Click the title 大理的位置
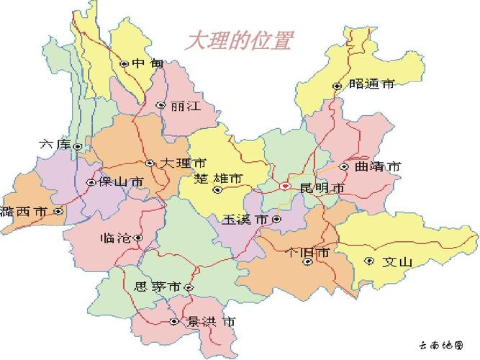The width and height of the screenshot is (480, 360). click(x=239, y=40)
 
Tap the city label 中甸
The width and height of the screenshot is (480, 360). click(x=148, y=63)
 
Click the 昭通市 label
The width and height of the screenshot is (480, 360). click(x=371, y=84)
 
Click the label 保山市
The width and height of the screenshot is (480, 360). click(x=121, y=182)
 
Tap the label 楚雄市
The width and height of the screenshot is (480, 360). click(x=218, y=178)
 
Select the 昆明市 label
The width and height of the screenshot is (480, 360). click(x=322, y=188)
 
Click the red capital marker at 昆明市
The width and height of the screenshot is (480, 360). click(x=286, y=186)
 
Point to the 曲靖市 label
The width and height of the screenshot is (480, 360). click(x=378, y=166)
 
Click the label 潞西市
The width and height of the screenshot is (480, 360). click(x=24, y=212)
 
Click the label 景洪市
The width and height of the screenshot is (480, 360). click(x=210, y=321)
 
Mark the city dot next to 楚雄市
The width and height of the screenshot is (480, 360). click(x=217, y=190)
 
